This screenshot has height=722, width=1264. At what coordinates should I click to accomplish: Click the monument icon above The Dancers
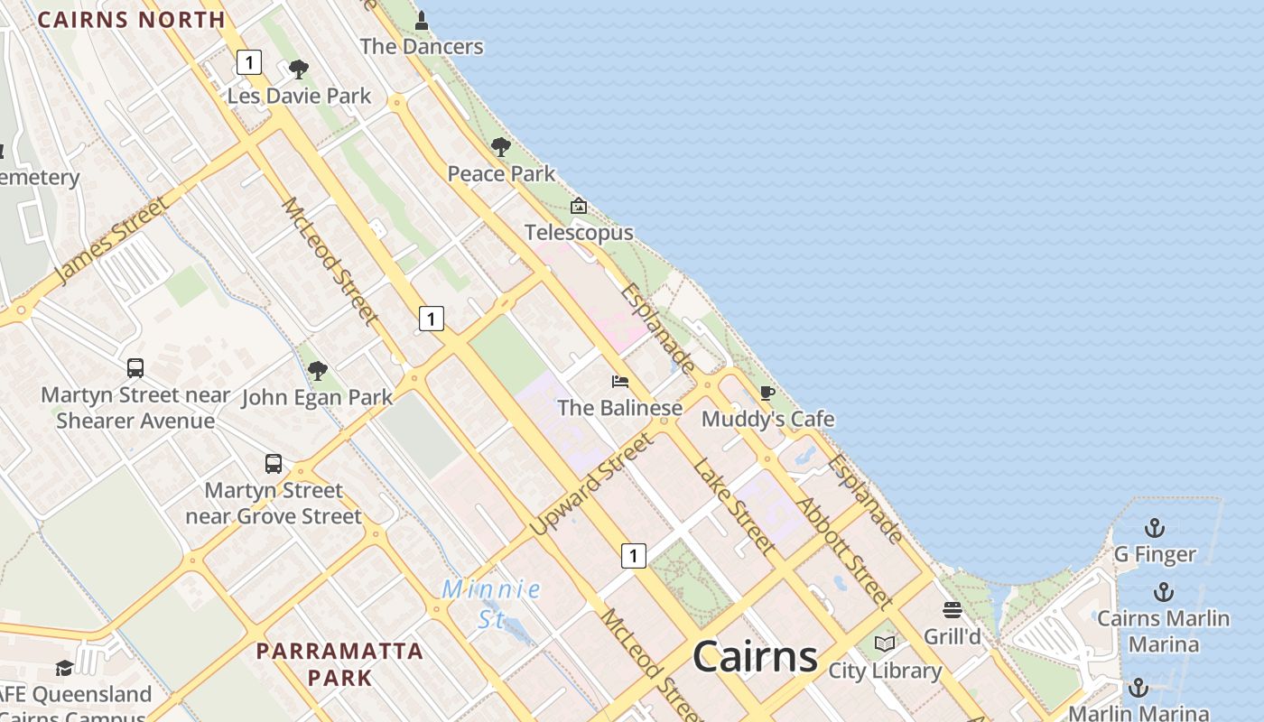pyautogui.click(x=422, y=20)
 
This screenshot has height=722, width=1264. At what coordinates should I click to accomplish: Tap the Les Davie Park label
pyautogui.click(x=299, y=96)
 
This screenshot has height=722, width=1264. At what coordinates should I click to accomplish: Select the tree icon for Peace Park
pyautogui.click(x=501, y=147)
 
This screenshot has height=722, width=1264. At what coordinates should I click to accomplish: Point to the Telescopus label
pyautogui.click(x=579, y=232)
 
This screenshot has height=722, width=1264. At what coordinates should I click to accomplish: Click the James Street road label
pyautogui.click(x=112, y=240)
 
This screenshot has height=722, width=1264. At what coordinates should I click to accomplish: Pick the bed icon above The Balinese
pyautogui.click(x=619, y=382)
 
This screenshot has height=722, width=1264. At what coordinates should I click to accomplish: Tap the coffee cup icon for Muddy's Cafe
pyautogui.click(x=767, y=393)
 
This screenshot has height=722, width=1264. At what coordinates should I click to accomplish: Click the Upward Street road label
pyautogui.click(x=590, y=484)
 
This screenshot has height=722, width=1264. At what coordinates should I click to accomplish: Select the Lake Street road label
pyautogui.click(x=734, y=505)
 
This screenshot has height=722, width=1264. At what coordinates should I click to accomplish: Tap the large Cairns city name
pyautogui.click(x=755, y=656)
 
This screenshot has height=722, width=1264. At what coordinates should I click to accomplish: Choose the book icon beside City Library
pyautogui.click(x=886, y=643)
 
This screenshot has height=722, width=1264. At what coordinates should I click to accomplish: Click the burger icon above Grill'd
pyautogui.click(x=953, y=610)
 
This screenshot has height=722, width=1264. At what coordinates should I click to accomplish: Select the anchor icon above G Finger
pyautogui.click(x=1154, y=528)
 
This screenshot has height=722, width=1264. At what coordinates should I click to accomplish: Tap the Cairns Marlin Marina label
pyautogui.click(x=1163, y=631)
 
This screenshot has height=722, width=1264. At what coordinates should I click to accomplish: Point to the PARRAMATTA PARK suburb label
pyautogui.click(x=339, y=663)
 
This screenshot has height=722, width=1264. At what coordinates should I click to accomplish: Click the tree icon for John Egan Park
pyautogui.click(x=317, y=370)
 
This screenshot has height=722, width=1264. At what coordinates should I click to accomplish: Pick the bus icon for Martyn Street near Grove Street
pyautogui.click(x=274, y=464)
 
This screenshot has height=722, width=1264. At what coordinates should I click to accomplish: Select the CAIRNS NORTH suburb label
pyautogui.click(x=131, y=19)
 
